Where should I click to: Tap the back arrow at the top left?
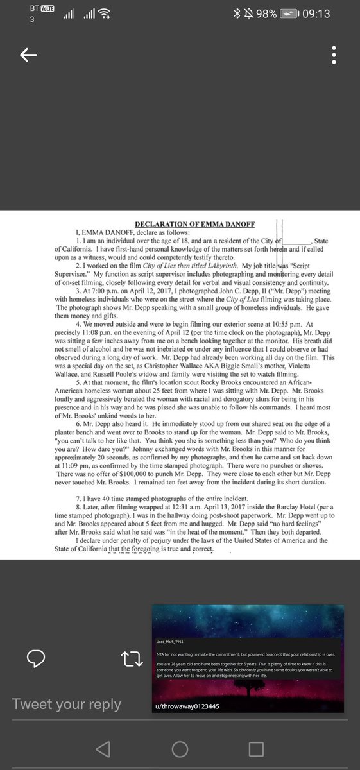[x=28, y=56]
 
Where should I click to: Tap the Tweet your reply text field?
[x=67, y=704]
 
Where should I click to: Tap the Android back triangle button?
[x=103, y=749]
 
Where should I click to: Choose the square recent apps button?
[x=257, y=749]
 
